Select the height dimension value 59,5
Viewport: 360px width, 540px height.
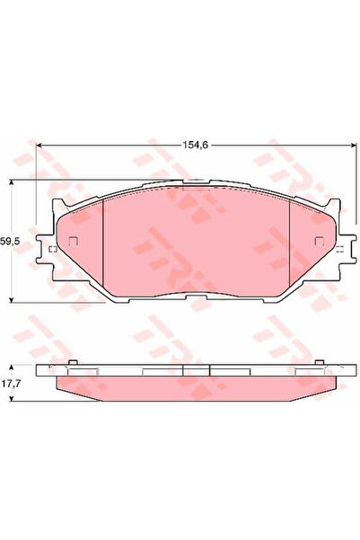coord(10,242)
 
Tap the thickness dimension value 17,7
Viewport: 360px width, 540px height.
coord(10,384)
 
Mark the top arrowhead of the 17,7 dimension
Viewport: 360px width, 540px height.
coord(11,367)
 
